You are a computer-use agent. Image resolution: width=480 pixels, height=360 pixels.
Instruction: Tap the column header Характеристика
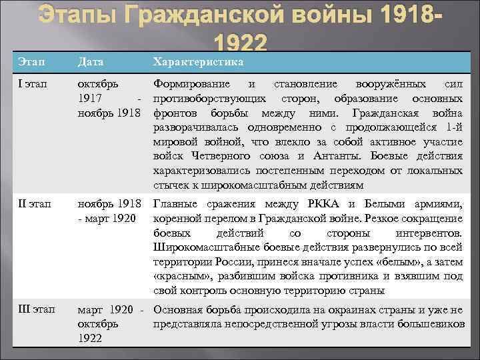point(198,62)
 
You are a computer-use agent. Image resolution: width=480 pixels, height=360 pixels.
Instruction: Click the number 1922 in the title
point(241,44)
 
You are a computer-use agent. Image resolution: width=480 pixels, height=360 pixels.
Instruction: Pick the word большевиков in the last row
point(431,324)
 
